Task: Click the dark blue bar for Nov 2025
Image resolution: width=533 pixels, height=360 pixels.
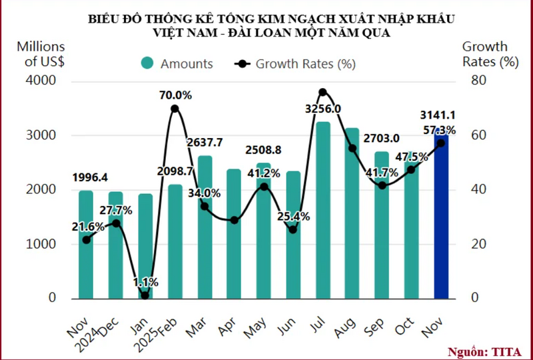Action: pos(441,220)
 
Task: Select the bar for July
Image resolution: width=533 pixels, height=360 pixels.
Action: pos(323,213)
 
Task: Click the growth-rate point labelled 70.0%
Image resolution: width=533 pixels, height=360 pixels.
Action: pos(175,109)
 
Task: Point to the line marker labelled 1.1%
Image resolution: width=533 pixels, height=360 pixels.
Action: pos(145,295)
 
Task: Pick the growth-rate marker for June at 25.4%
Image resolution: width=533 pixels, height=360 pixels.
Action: pos(293,229)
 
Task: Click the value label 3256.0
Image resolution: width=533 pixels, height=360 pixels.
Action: pos(323,109)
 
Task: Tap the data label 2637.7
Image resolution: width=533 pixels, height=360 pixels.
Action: pos(205,141)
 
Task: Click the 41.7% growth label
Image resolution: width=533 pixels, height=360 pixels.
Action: pos(382,173)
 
